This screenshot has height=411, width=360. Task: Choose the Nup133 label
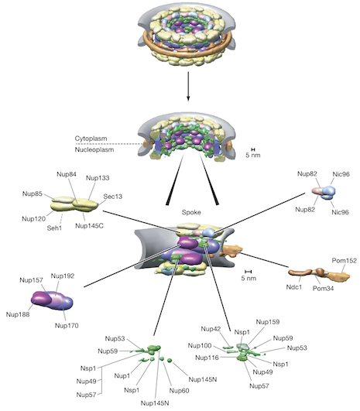[x=98, y=178]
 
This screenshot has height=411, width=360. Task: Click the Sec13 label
[x=115, y=197]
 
